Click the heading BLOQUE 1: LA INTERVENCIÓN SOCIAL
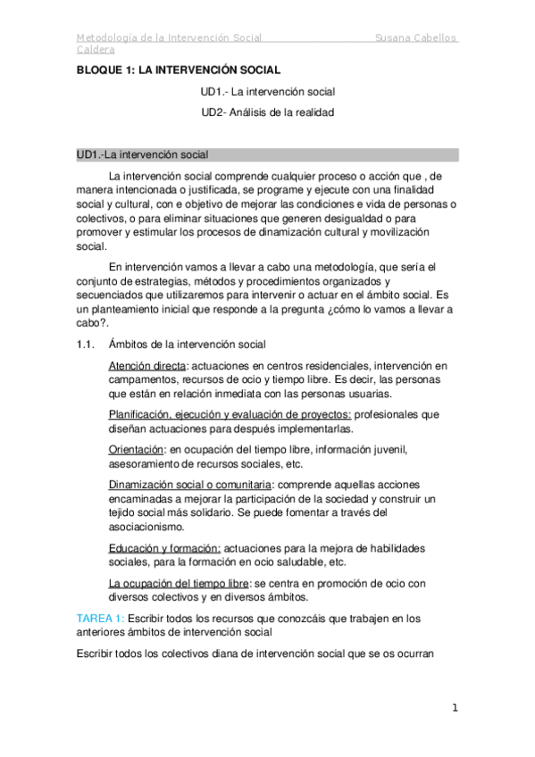[178, 70]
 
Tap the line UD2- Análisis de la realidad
[268, 112]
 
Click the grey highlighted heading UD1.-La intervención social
[143, 154]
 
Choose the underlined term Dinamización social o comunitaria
[189, 484]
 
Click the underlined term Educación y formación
[164, 547]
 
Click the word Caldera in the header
[96, 51]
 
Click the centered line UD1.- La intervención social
[268, 91]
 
